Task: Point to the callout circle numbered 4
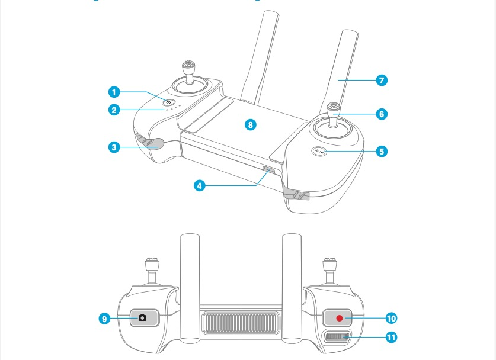pyautogui.click(x=200, y=185)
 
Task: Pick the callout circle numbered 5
pyautogui.click(x=382, y=152)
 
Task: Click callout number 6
pyautogui.click(x=382, y=114)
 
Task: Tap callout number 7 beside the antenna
pyautogui.click(x=382, y=80)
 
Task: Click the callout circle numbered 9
pyautogui.click(x=104, y=319)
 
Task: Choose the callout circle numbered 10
pyautogui.click(x=391, y=318)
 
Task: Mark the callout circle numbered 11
pyautogui.click(x=391, y=337)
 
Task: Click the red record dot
pyautogui.click(x=340, y=318)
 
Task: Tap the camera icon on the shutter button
pyautogui.click(x=142, y=318)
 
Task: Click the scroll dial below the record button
pyautogui.click(x=336, y=338)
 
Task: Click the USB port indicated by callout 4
pyautogui.click(x=268, y=172)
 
